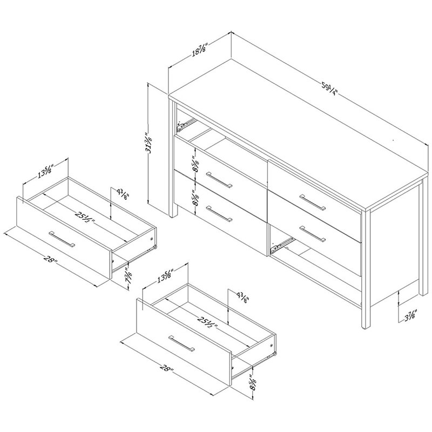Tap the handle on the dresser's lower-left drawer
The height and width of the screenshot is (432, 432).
219,214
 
